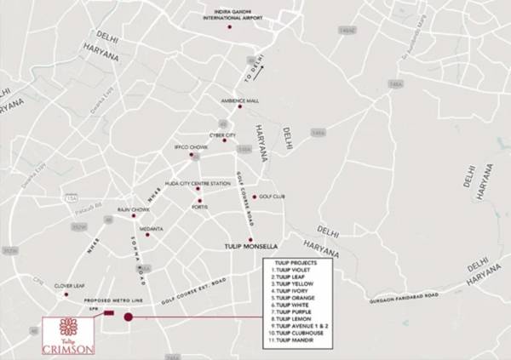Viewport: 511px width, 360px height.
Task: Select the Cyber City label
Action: [223, 134]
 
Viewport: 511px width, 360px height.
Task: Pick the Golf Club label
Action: [271, 197]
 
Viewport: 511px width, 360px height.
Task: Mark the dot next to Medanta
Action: [147, 235]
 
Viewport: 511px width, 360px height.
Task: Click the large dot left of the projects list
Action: [129, 317]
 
